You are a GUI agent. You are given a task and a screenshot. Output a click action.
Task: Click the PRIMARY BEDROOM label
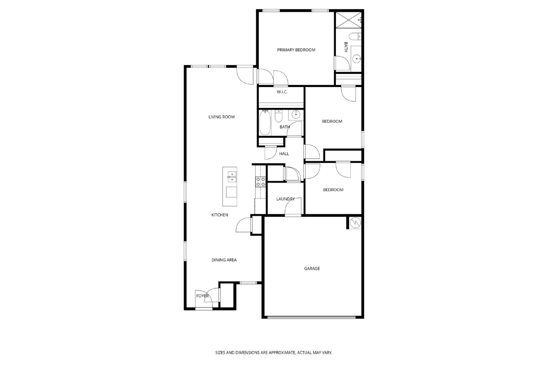(296, 50)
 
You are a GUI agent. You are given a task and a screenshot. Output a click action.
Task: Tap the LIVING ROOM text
(221, 117)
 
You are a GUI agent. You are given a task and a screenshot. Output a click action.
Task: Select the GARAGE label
(312, 268)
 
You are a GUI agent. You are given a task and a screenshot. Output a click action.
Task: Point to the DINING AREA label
(224, 260)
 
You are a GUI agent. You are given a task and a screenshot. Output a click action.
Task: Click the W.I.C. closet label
(282, 92)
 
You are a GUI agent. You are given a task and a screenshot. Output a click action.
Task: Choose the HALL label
(284, 154)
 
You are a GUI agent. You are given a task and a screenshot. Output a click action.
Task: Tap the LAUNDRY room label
(286, 199)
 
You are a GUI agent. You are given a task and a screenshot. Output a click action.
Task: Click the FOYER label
(202, 296)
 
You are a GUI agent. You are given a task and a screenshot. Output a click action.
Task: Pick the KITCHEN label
(220, 215)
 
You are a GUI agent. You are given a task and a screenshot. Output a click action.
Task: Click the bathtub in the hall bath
(265, 122)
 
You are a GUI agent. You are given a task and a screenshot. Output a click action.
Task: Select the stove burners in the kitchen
(261, 182)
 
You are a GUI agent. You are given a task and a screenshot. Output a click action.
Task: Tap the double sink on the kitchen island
(232, 177)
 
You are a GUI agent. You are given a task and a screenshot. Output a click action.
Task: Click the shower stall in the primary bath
(348, 20)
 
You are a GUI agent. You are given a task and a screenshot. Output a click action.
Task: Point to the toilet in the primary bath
(355, 37)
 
